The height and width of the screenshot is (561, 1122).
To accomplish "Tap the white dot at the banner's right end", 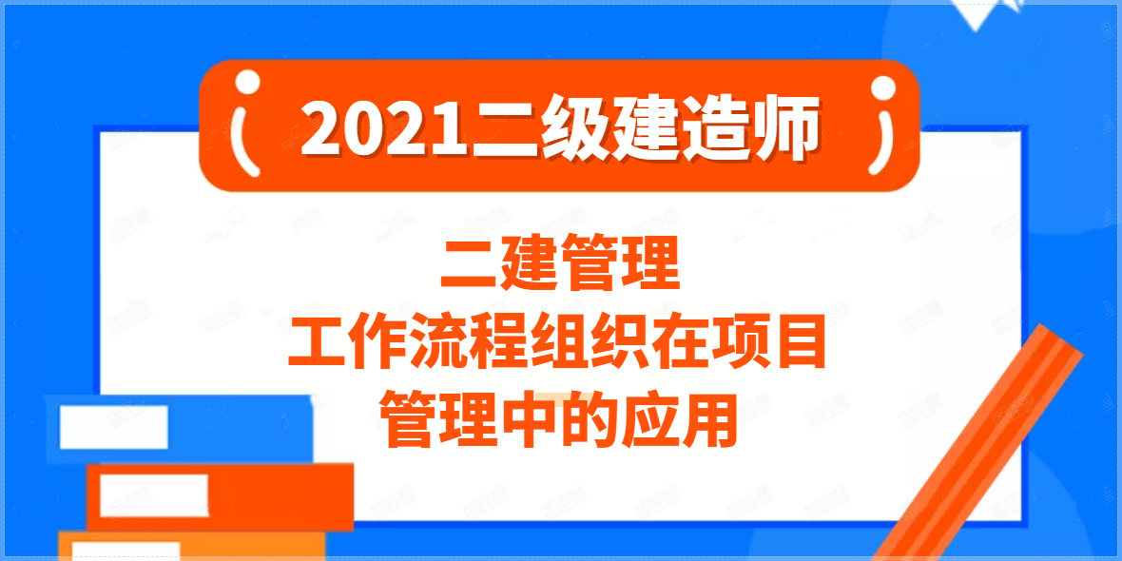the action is (882, 87).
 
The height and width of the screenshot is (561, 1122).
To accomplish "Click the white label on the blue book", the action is (113, 428).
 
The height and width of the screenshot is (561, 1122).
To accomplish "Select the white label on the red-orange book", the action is (153, 495).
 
